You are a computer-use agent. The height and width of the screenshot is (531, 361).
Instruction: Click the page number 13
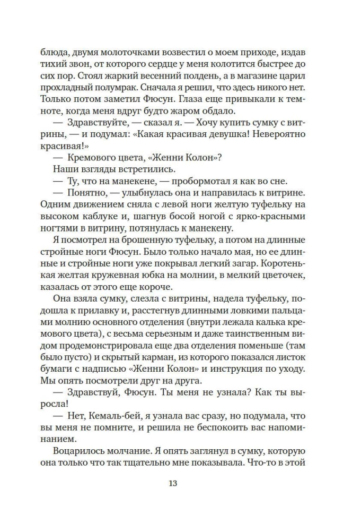173,483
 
